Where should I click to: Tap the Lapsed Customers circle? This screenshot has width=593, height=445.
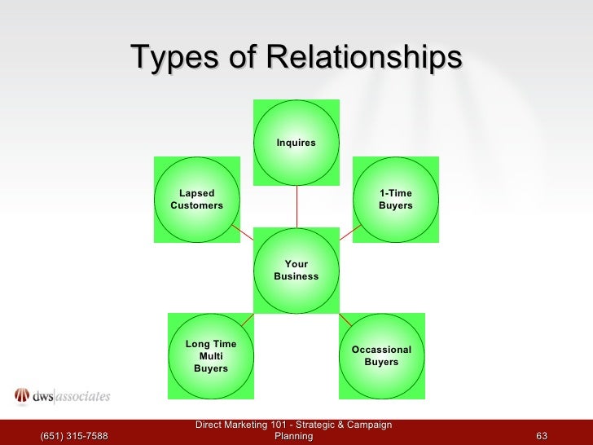click(x=196, y=200)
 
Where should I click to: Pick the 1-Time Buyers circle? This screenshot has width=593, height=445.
click(x=396, y=200)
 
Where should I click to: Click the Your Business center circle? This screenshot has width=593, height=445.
click(x=296, y=271)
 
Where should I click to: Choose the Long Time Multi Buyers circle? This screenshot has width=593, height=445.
click(x=210, y=356)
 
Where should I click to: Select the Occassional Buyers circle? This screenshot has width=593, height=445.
click(x=381, y=356)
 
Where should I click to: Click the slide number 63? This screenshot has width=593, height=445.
click(x=542, y=437)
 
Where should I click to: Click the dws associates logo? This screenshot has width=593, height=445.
click(x=62, y=397)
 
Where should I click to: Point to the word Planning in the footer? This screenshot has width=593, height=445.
click(x=294, y=437)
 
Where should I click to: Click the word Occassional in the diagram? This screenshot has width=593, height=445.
click(x=381, y=350)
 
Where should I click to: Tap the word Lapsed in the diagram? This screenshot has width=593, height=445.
click(x=196, y=193)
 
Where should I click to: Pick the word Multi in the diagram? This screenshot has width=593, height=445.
click(x=211, y=356)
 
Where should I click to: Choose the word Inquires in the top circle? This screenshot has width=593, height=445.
click(x=296, y=143)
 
